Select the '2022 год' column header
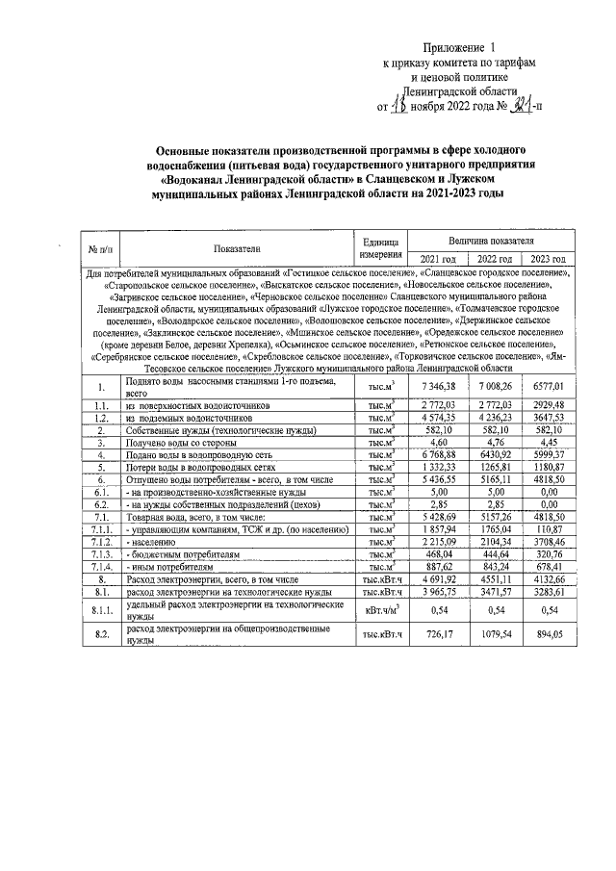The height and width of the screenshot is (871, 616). (494, 258)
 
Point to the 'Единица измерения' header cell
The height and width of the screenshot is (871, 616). (380, 247)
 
